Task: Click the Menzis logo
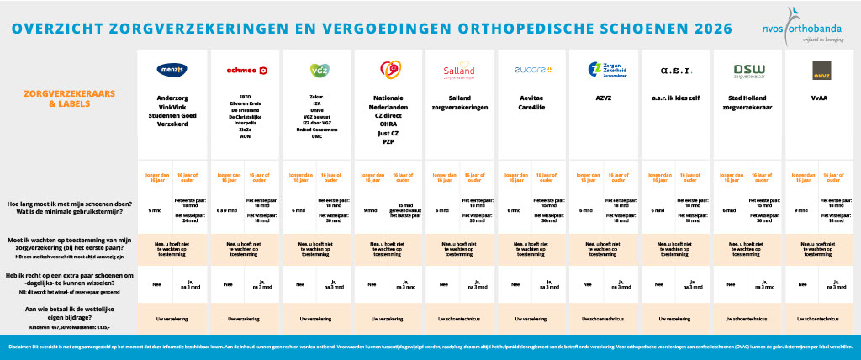click(x=172, y=70)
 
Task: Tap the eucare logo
click(x=531, y=69)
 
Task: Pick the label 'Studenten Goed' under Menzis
click(x=172, y=113)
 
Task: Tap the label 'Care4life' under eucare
click(x=531, y=105)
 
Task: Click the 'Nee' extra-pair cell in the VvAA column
click(x=804, y=284)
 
